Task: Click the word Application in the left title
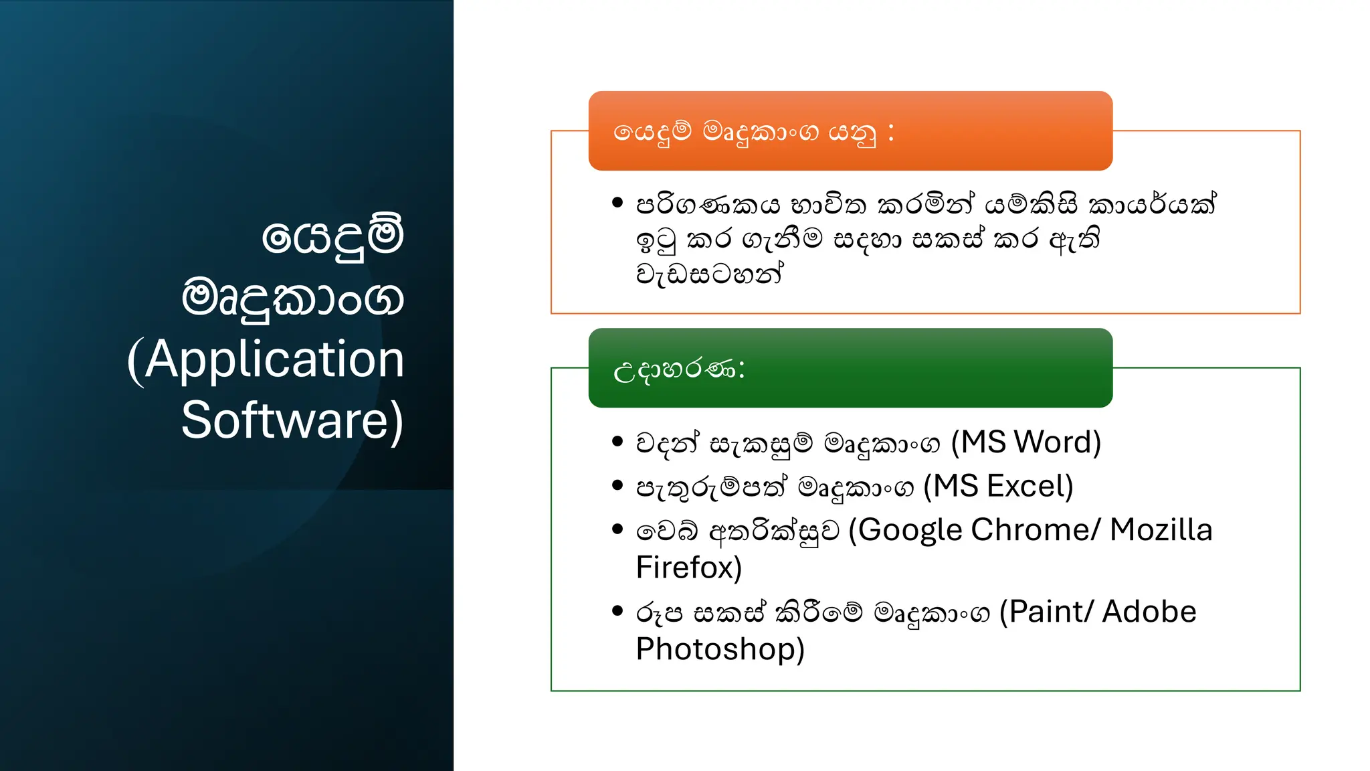click(274, 360)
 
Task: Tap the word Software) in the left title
click(292, 420)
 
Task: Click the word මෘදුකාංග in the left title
click(292, 298)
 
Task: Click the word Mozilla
click(1161, 530)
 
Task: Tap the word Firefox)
click(688, 568)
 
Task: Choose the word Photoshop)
click(720, 649)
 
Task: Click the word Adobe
click(1149, 612)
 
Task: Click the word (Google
click(906, 530)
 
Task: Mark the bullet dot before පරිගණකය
click(617, 202)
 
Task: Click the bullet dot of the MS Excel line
click(617, 485)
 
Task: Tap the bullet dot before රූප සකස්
click(617, 610)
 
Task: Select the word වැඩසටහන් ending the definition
click(709, 274)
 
